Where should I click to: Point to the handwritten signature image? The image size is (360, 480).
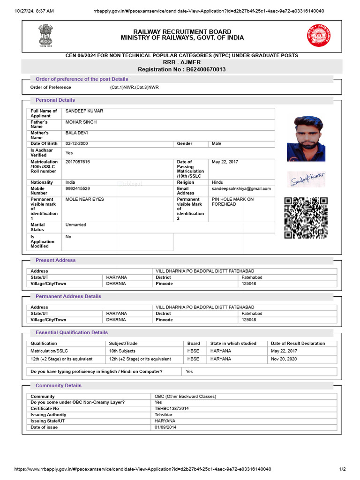(x=307, y=180)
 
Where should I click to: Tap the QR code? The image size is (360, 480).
(x=306, y=217)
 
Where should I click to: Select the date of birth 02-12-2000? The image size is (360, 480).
(x=76, y=143)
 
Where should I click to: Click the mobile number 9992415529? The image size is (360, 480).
(x=77, y=188)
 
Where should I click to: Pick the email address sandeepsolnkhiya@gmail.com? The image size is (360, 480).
(x=241, y=188)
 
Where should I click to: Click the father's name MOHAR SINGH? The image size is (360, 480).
(x=81, y=122)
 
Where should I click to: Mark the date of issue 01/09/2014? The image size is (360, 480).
(x=166, y=427)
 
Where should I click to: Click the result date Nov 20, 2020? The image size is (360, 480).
(x=284, y=359)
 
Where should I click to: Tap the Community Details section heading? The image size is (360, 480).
(x=59, y=385)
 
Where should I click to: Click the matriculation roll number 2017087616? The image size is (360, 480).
(x=78, y=162)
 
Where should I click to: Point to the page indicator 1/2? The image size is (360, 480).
(x=342, y=469)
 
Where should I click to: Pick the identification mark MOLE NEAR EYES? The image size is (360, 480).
(x=85, y=199)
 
